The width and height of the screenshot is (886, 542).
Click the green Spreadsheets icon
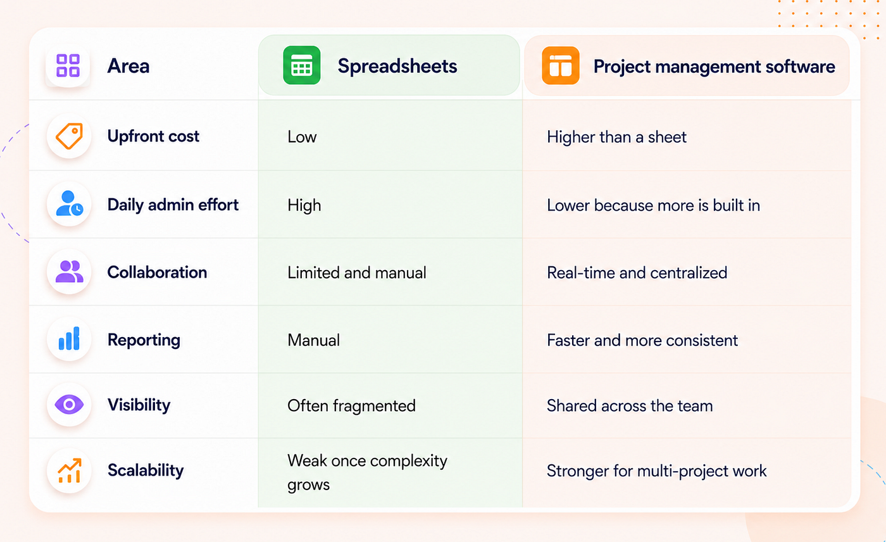301,65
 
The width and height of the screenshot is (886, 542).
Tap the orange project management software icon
561,66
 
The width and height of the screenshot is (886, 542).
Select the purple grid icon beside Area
68,65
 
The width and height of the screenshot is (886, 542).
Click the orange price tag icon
69,136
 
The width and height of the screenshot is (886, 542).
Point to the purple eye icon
69,404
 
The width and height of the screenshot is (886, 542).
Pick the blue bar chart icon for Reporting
69,338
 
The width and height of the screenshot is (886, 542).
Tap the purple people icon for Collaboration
69,271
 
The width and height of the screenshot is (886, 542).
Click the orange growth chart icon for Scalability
70,471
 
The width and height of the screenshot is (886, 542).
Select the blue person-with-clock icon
69,203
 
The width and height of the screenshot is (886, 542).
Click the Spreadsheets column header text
397,66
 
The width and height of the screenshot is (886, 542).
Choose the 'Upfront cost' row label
153,136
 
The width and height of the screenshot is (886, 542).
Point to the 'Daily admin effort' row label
173,205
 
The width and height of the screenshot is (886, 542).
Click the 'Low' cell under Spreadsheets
302,137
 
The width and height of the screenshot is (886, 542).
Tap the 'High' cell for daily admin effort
304,206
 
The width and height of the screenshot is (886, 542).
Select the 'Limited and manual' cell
357,273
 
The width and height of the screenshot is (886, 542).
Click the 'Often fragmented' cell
351,406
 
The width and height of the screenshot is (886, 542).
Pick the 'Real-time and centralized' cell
637,273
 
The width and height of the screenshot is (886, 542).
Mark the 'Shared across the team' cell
630,406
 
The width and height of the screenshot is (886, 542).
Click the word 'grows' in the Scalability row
309,485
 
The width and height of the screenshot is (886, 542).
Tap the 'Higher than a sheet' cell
616,137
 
